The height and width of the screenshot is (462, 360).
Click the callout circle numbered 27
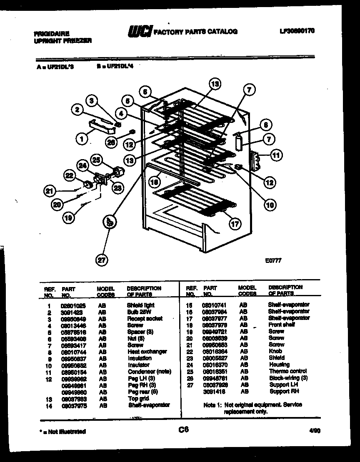(x=102, y=260)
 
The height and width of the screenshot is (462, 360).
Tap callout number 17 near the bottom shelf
(x=235, y=224)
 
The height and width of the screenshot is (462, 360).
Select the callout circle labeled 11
(x=276, y=156)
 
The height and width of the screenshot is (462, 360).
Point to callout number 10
(x=270, y=204)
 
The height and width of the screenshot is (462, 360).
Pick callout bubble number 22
(x=69, y=176)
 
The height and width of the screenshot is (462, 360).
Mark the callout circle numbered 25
(x=97, y=160)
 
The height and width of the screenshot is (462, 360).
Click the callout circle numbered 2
(x=76, y=110)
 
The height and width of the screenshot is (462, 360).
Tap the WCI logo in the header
(x=139, y=31)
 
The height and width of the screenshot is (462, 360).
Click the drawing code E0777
(x=273, y=261)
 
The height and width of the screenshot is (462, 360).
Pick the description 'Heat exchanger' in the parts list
(x=147, y=352)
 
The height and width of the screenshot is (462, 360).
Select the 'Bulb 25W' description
(x=139, y=312)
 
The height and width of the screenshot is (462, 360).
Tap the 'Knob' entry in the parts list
(x=275, y=351)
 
